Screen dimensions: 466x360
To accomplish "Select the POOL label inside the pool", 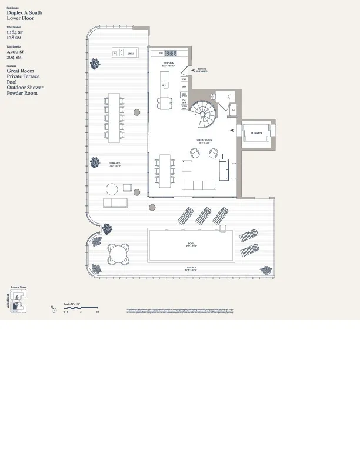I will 191,243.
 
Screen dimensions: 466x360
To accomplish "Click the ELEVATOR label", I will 256,134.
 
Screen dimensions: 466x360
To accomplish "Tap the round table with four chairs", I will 118,254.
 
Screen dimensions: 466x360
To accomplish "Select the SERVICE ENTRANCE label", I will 202,70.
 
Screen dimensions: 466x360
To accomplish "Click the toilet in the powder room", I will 230,98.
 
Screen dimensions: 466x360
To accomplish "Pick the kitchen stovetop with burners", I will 174,53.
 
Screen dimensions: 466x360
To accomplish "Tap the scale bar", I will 80,308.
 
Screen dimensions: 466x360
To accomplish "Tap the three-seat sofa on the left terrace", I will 116,203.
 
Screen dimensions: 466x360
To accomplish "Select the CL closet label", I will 233,109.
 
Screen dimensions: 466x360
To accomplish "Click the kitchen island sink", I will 165,86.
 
